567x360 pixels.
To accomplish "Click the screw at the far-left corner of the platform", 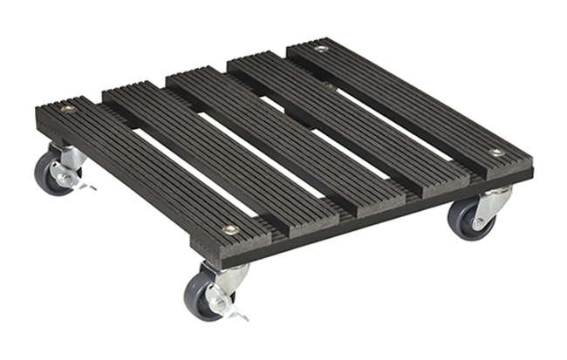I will coord(67,109).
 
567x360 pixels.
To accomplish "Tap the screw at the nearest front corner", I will coord(230,230).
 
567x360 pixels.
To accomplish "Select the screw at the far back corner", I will coord(322,49).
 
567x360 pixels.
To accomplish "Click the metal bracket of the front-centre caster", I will coord(229,280).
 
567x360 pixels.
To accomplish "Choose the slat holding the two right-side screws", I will coord(410,100).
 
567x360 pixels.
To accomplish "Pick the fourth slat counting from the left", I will coord(349,122).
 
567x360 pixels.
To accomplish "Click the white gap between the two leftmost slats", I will coord(188,174).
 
